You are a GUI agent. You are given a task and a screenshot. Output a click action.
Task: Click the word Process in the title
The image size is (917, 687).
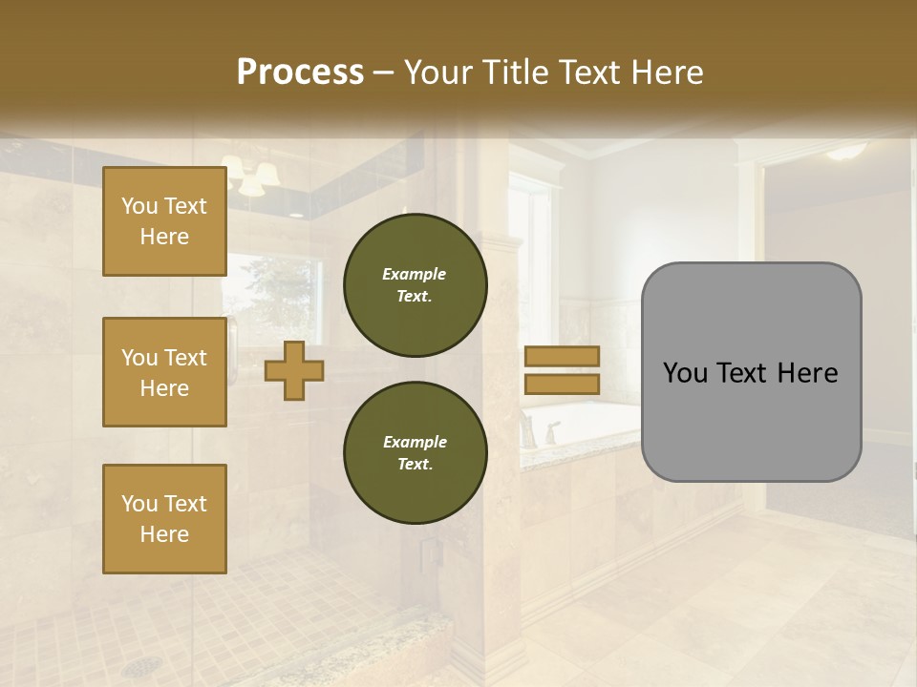pyautogui.click(x=300, y=73)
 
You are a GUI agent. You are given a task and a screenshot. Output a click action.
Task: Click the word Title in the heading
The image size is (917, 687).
pyautogui.click(x=517, y=73)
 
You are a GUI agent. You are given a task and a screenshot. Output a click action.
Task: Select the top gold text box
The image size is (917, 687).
pyautogui.click(x=164, y=221)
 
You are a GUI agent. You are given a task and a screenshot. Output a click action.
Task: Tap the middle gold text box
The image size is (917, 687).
pyautogui.click(x=164, y=372)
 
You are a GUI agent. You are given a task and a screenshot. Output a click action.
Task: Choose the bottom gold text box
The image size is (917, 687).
pyautogui.click(x=164, y=519)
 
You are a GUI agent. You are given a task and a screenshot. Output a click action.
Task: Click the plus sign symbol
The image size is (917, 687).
pyautogui.click(x=294, y=370)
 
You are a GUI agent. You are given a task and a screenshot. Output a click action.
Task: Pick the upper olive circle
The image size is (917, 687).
pyautogui.click(x=416, y=285)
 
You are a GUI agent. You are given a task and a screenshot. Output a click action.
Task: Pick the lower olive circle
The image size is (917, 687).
pyautogui.click(x=416, y=453)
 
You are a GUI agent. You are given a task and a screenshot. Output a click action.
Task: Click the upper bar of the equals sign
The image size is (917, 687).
pyautogui.click(x=563, y=357)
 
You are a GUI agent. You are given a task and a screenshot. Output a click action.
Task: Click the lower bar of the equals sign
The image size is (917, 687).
pyautogui.click(x=563, y=384)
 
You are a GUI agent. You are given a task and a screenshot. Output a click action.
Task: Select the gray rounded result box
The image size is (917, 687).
pyautogui.click(x=751, y=372)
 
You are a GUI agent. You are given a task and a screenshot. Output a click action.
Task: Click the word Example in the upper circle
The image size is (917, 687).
pyautogui.click(x=414, y=274)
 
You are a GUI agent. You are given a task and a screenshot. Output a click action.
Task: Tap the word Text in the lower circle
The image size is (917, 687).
pyautogui.click(x=414, y=465)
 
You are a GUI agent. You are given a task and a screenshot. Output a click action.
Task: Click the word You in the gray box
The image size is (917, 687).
pyautogui.click(x=685, y=373)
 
